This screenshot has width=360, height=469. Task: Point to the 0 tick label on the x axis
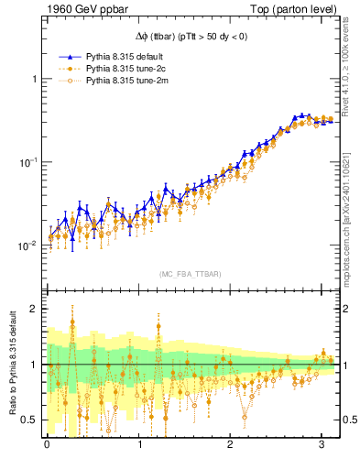pos(47,445)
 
